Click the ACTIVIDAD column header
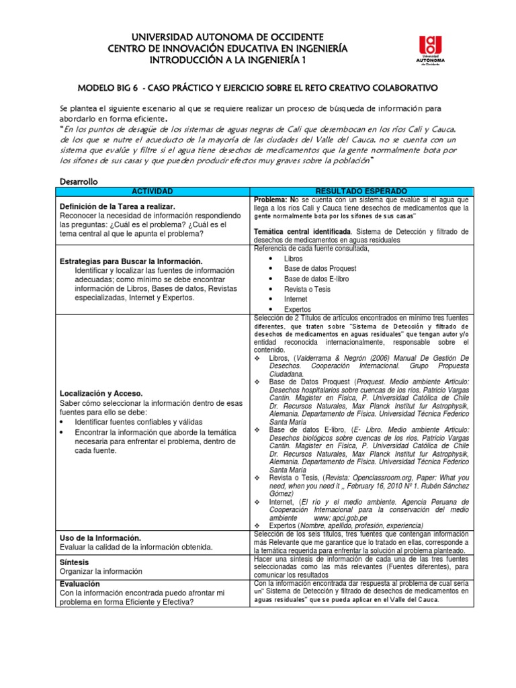152,191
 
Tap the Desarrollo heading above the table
79,181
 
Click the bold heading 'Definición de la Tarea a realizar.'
118,206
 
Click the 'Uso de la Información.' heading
100,538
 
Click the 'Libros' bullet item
294,259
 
